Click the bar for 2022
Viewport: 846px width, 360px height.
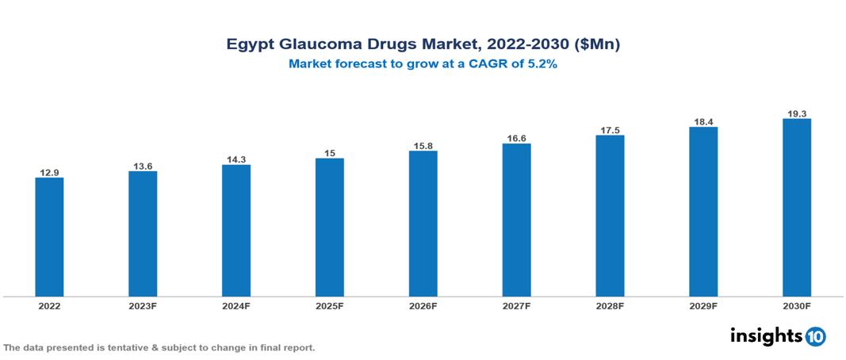click(49, 237)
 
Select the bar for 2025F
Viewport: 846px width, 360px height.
click(329, 228)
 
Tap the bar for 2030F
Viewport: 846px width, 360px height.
click(796, 208)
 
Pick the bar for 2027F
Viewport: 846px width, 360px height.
click(516, 220)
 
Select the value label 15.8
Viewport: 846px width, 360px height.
click(423, 145)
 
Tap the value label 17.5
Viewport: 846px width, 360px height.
click(610, 129)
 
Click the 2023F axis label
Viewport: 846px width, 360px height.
click(143, 306)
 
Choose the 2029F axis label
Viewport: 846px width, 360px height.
click(703, 306)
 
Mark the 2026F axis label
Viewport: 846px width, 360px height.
click(423, 306)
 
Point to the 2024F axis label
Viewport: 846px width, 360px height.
click(236, 306)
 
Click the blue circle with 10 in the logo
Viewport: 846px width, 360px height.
click(815, 336)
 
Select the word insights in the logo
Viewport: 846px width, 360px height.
click(765, 335)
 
